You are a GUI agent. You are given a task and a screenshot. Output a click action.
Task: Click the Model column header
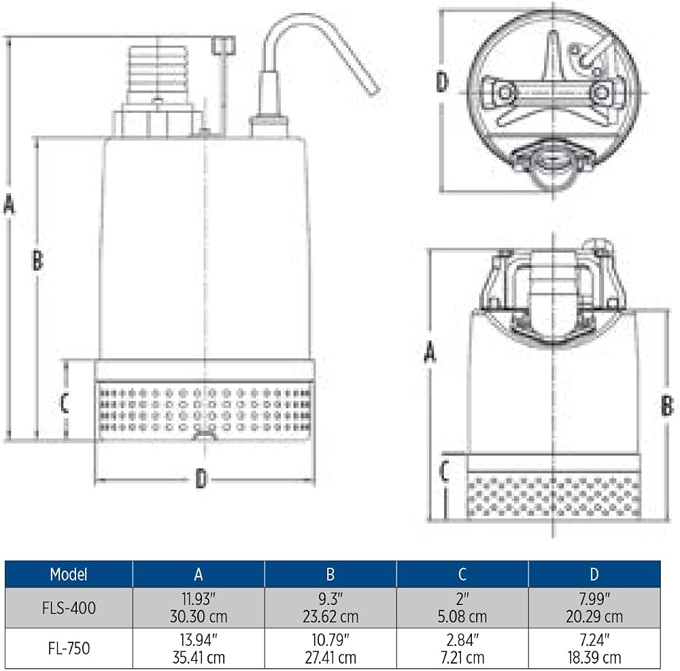point(69,574)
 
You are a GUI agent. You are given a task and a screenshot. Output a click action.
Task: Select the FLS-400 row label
point(69,608)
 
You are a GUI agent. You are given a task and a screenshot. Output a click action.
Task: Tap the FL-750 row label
point(69,649)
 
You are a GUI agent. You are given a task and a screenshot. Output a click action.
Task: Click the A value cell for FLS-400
point(199,608)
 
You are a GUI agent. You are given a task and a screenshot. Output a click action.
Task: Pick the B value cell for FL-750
point(330,649)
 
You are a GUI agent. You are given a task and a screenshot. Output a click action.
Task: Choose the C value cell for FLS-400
point(462,608)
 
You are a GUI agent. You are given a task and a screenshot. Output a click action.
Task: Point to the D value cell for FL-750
point(594,649)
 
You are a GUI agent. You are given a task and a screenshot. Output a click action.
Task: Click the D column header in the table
point(594,574)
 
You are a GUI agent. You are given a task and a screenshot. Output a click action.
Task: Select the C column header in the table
point(462,574)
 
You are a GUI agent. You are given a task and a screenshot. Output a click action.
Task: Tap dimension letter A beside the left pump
point(9,205)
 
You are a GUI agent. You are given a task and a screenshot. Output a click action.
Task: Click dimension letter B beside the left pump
point(37,260)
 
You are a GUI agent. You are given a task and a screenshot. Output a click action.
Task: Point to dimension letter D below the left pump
point(201,479)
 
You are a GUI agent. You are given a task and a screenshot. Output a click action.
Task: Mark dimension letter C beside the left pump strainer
point(65,402)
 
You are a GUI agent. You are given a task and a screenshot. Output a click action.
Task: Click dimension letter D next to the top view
point(441,82)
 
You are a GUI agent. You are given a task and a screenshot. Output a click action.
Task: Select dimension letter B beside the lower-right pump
point(667,406)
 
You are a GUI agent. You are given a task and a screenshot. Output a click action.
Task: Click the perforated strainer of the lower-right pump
point(554,496)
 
